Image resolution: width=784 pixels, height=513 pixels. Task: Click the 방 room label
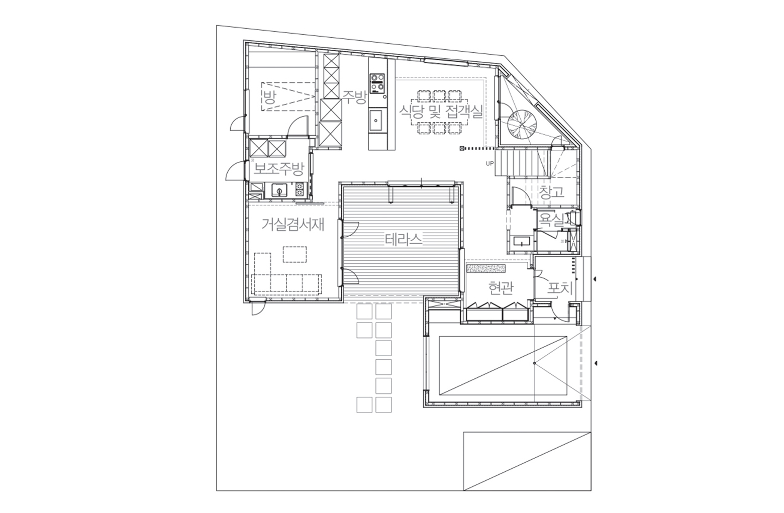tap(269, 97)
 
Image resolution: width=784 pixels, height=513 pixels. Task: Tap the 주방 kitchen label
tap(354, 97)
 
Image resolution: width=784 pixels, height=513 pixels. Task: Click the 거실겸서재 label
tap(293, 225)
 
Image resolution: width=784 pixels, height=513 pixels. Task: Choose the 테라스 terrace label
tap(404, 240)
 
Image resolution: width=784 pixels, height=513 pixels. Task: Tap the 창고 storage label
tap(552, 192)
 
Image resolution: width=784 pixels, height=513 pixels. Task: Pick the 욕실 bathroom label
tap(551, 219)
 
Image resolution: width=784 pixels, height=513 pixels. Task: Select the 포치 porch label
tap(560, 289)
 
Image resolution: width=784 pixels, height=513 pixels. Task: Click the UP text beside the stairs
tap(489, 163)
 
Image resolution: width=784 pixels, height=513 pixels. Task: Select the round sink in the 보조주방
tap(279, 191)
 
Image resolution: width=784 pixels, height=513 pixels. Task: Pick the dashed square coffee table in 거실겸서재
tap(295, 254)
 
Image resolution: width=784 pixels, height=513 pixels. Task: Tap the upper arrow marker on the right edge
tap(595, 279)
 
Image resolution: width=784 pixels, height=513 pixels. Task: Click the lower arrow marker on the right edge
tap(595, 363)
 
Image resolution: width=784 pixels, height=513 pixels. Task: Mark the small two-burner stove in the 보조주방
tap(300, 189)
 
